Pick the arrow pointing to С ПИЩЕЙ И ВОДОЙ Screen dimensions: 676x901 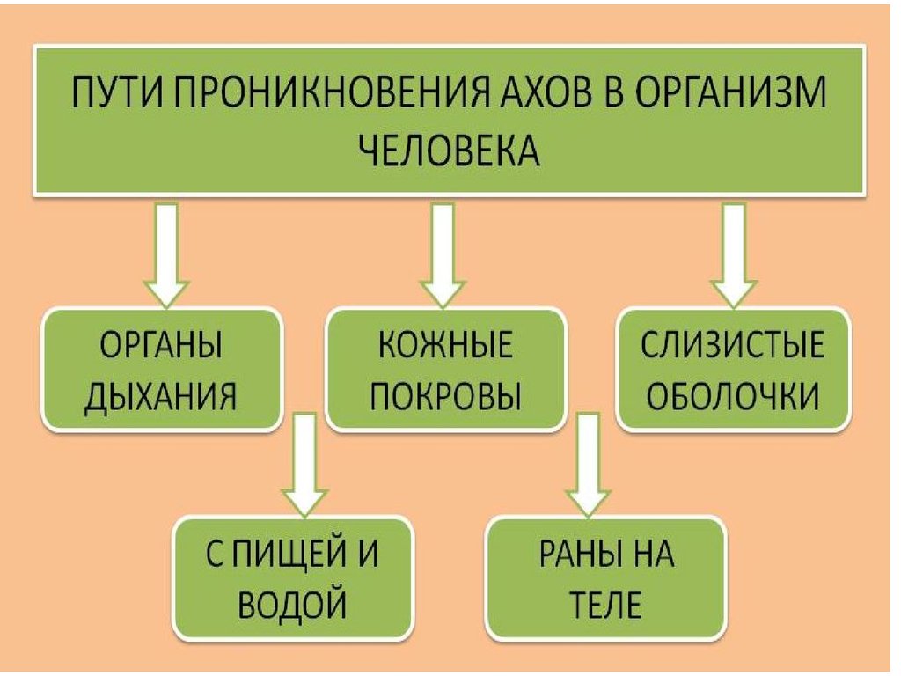(305, 467)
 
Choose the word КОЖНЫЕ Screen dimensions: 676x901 (445, 345)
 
